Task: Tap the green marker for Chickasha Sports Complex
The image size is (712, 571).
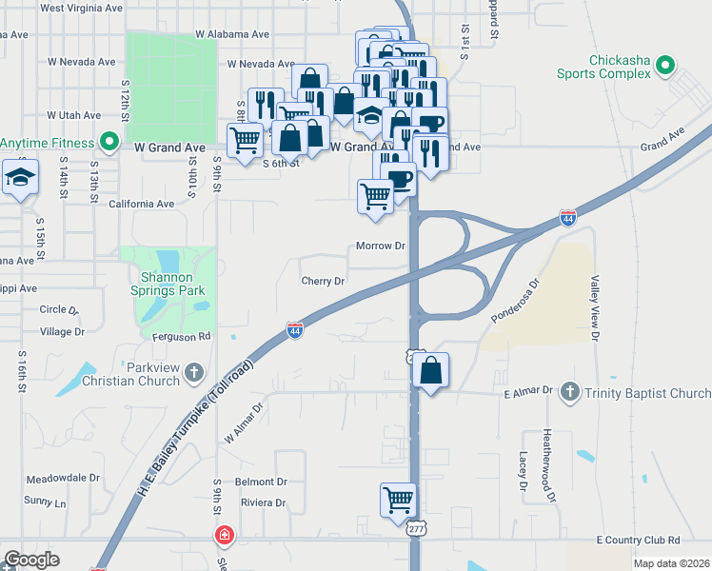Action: tap(665, 67)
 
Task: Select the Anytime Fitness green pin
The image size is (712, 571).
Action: tap(109, 145)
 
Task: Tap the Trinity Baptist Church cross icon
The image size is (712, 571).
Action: tap(569, 392)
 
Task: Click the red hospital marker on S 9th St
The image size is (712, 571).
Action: tap(223, 537)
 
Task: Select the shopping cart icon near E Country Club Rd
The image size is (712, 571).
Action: tap(398, 499)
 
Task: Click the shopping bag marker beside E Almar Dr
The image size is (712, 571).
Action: tap(431, 370)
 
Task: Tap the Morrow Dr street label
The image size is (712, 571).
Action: tap(381, 246)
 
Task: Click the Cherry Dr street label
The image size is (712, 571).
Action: tap(322, 281)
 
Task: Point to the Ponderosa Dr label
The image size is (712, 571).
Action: tap(515, 300)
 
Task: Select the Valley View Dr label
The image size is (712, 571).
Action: tap(596, 308)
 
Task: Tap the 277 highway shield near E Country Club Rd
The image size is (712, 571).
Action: tap(415, 527)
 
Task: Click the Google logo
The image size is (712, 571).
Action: tap(31, 560)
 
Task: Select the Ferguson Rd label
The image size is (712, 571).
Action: tap(181, 336)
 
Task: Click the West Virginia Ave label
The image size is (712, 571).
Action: tap(82, 7)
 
